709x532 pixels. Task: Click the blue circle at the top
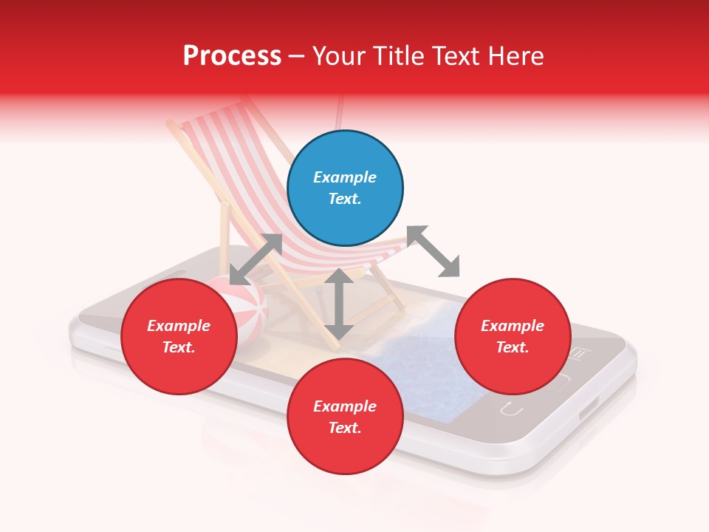(x=345, y=188)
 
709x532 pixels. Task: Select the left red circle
(x=179, y=337)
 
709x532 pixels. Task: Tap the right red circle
(x=513, y=337)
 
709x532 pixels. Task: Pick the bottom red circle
(x=345, y=417)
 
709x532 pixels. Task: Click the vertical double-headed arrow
(x=339, y=304)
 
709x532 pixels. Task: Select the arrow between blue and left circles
(x=256, y=259)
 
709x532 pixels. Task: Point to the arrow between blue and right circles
(x=433, y=251)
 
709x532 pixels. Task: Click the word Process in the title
(x=232, y=55)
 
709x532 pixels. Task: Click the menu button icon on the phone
(x=579, y=354)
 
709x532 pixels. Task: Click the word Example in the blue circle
(x=345, y=177)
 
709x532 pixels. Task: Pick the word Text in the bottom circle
(x=345, y=428)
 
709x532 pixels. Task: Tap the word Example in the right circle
(x=513, y=326)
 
